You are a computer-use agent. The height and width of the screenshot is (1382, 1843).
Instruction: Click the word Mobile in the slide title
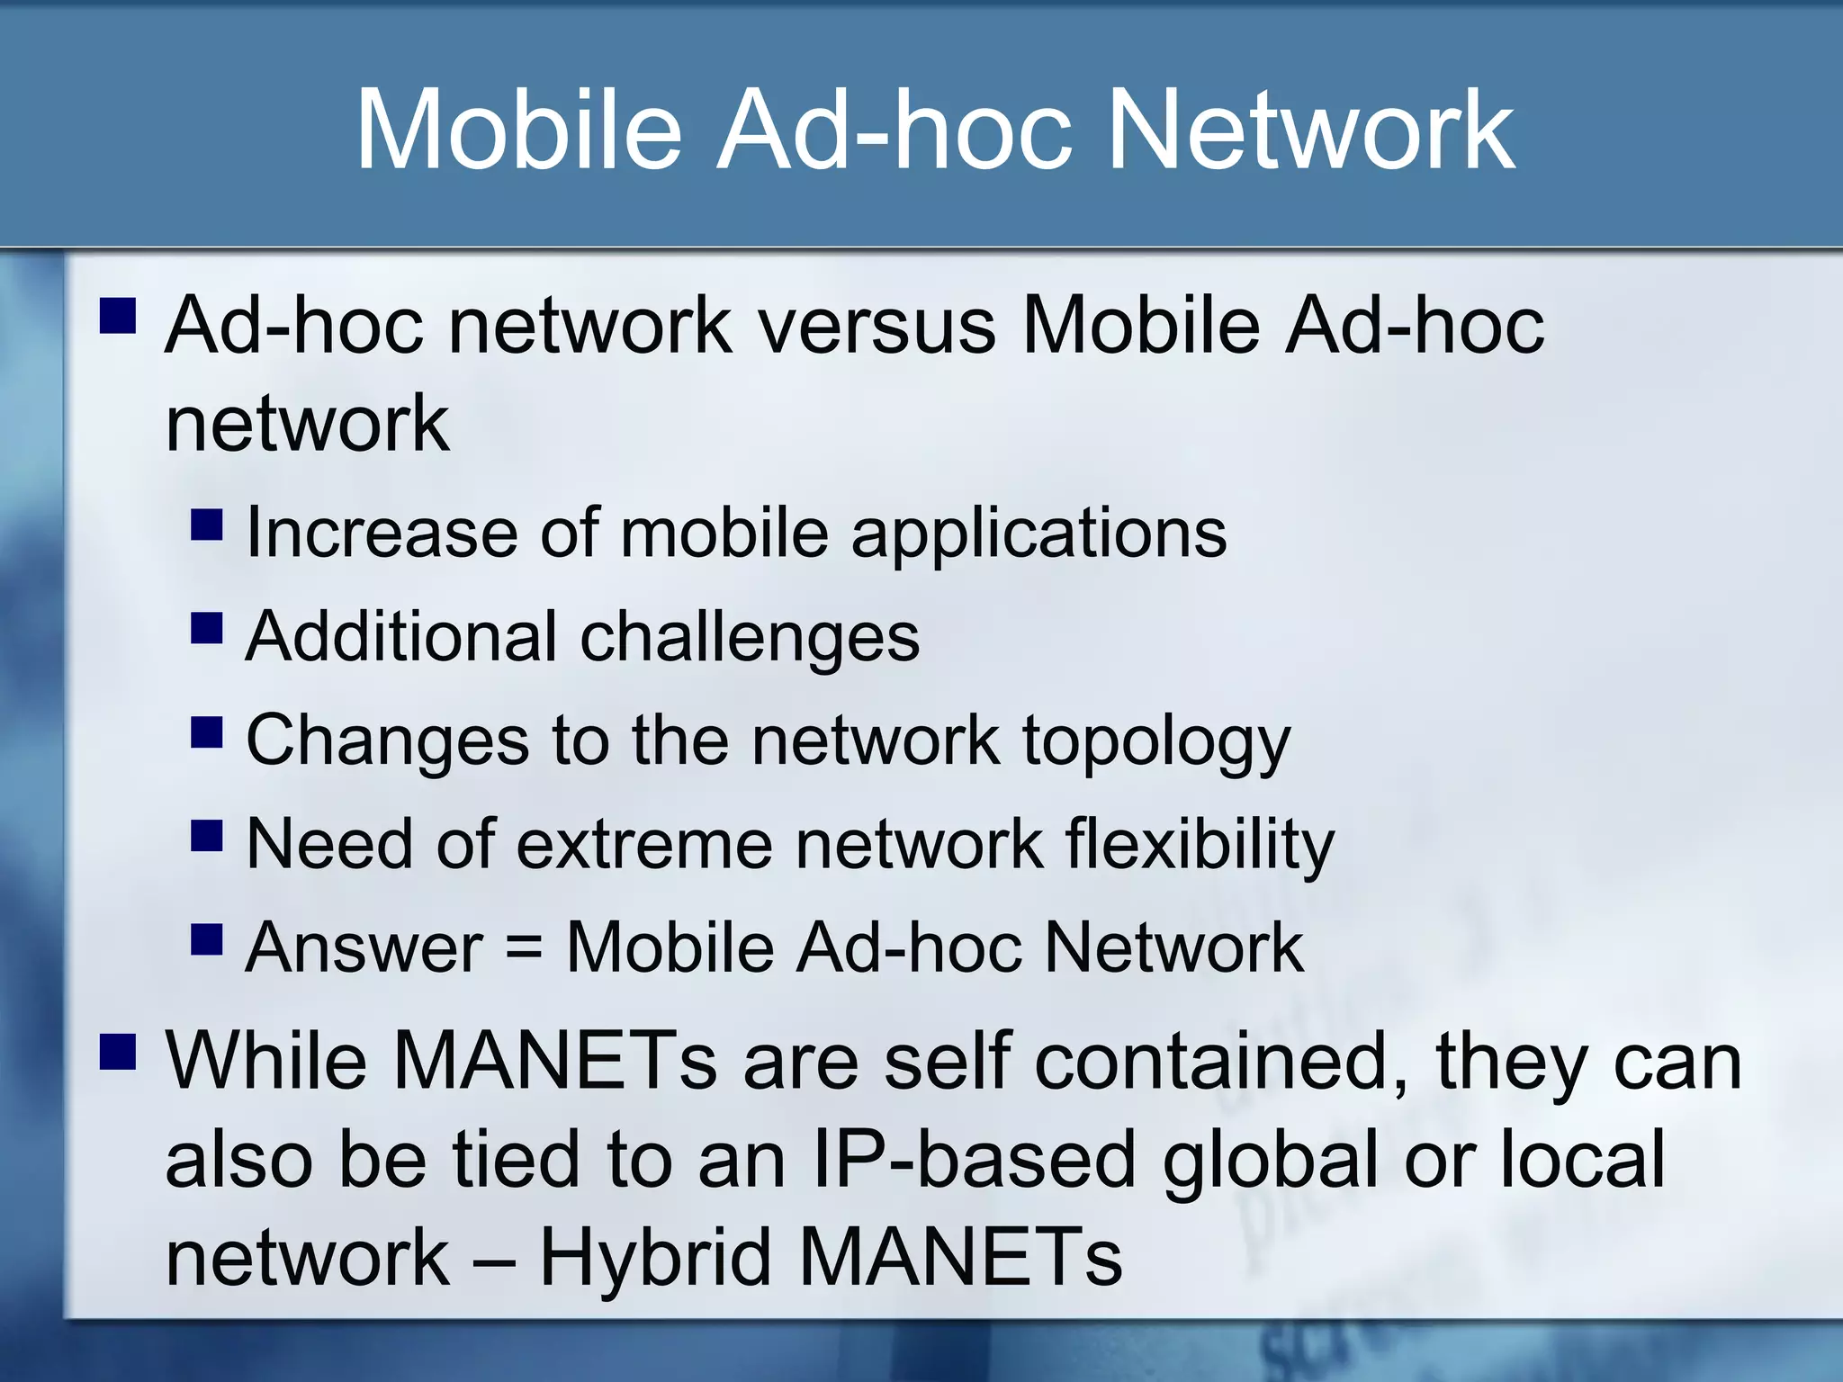click(x=519, y=130)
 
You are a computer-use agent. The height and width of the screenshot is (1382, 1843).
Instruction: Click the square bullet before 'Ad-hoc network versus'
click(x=118, y=317)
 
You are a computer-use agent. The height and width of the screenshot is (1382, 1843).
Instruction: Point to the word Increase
click(x=382, y=533)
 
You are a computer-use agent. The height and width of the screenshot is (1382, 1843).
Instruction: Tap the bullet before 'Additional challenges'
click(x=207, y=628)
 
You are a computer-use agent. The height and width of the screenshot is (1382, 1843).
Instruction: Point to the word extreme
click(x=644, y=845)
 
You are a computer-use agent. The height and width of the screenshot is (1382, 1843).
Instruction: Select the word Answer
click(x=364, y=948)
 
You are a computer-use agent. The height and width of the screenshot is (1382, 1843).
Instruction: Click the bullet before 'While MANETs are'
click(x=118, y=1051)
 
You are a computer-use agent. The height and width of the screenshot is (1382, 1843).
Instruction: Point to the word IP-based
click(x=974, y=1161)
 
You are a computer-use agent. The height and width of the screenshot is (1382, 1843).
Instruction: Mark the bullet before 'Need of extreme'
click(x=207, y=835)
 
